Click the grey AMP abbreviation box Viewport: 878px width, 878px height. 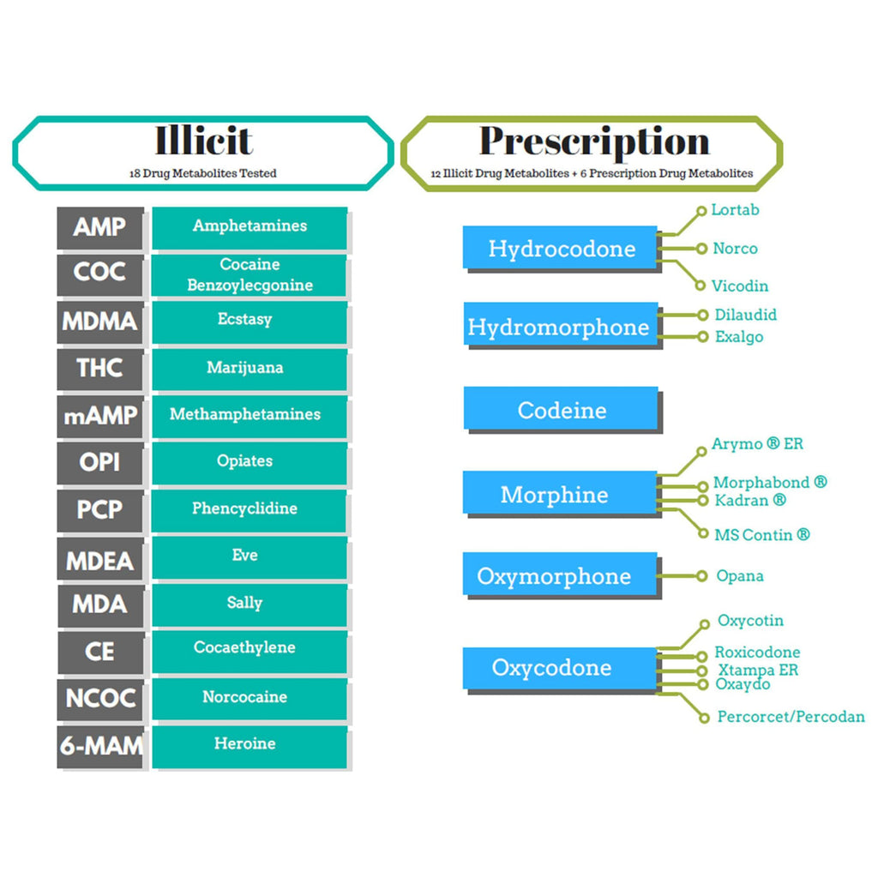point(100,227)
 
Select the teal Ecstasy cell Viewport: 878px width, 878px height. point(250,322)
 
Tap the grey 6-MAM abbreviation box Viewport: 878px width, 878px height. point(100,747)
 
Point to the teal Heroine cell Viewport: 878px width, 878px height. point(250,747)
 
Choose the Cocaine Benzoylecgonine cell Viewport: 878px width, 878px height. point(250,275)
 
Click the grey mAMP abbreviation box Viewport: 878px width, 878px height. point(100,416)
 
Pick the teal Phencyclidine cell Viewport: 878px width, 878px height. point(250,511)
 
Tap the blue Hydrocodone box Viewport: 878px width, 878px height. point(560,248)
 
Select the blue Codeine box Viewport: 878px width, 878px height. point(561,408)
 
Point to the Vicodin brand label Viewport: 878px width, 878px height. point(740,286)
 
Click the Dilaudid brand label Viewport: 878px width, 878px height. point(745,315)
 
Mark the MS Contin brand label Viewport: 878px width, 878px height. point(762,535)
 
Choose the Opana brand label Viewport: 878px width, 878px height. point(740,576)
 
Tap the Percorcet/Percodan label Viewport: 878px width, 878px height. point(791,717)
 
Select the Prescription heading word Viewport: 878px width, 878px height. point(594,141)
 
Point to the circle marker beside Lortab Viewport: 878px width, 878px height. point(701,211)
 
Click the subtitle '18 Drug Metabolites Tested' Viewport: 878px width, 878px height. point(202,173)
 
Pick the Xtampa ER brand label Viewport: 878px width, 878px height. point(758,670)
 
